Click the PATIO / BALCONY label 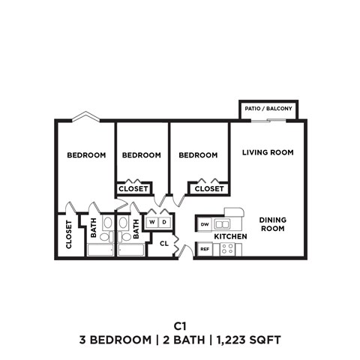(268, 109)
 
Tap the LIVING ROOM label (267, 152)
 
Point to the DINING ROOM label (273, 224)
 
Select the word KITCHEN (230, 237)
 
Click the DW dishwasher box (205, 224)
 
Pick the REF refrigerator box (204, 249)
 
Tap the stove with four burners (227, 249)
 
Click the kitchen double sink (222, 224)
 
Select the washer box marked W (152, 222)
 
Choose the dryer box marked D (164, 222)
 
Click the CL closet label (163, 242)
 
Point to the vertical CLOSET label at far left (69, 234)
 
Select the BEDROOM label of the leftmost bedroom (86, 155)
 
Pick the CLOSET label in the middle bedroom (133, 189)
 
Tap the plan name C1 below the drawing (179, 325)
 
